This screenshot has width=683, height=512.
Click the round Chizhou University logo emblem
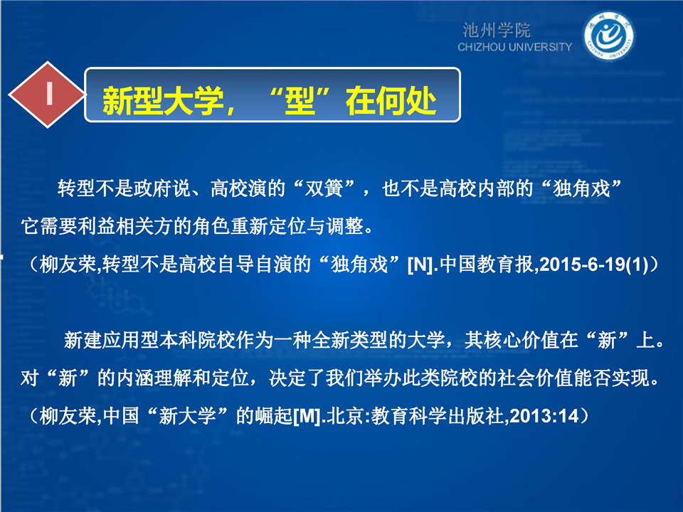[x=608, y=36]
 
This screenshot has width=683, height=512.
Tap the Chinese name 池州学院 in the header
[x=497, y=31]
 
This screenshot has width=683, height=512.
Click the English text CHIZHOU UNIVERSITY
[x=514, y=47]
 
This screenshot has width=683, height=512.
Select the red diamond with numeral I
[x=47, y=95]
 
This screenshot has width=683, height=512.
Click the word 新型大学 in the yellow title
[x=163, y=101]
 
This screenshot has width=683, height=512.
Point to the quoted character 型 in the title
[x=300, y=101]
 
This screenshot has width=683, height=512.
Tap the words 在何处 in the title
[x=391, y=101]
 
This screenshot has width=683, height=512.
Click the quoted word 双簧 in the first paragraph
[x=323, y=189]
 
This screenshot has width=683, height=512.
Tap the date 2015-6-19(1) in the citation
[x=593, y=265]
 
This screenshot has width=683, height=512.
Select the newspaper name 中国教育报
[x=487, y=265]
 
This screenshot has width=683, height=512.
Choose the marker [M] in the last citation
[x=307, y=417]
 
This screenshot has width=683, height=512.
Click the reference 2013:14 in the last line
[x=544, y=416]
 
